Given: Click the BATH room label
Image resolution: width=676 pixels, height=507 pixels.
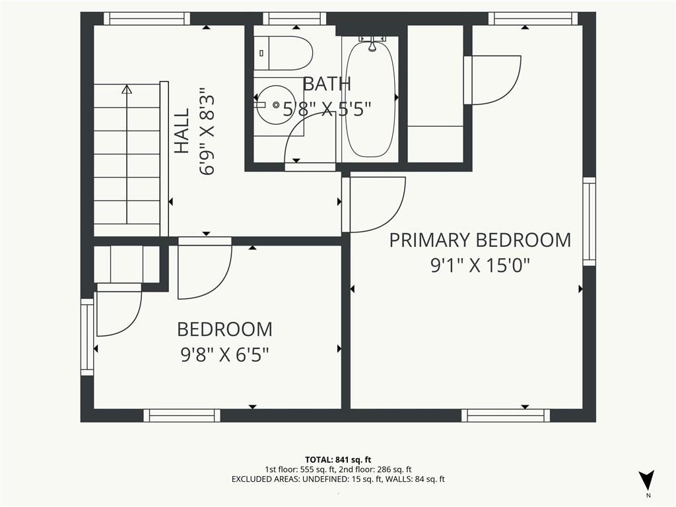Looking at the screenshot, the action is [x=327, y=84].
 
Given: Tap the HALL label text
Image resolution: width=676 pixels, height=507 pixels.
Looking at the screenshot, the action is [x=182, y=131].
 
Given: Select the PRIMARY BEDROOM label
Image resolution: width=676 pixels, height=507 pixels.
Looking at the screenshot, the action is [x=480, y=240].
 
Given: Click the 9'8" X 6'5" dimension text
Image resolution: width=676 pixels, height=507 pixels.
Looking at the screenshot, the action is [x=224, y=355].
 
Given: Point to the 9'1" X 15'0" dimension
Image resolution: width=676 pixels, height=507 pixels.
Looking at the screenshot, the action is [x=480, y=265].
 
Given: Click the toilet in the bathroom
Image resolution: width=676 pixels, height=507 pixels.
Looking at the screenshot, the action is [x=283, y=53].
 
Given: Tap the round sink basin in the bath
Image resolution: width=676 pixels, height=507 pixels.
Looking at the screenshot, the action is [x=276, y=104].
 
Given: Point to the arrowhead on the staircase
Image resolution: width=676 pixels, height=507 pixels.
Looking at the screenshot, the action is [x=127, y=89].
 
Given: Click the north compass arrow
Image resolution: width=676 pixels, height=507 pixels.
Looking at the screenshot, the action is [x=647, y=480].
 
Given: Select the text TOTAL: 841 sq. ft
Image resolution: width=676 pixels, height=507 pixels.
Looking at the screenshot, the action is [x=338, y=459].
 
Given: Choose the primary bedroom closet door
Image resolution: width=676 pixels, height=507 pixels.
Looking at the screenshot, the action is [x=492, y=80].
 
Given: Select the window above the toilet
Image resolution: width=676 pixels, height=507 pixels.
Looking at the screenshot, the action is [x=294, y=18].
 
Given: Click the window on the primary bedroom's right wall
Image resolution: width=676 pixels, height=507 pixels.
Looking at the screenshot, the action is [x=590, y=222].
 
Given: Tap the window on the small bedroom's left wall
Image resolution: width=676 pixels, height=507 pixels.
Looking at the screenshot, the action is [x=87, y=337].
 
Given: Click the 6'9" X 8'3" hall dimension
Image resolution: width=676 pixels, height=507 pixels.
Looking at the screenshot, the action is [x=207, y=131].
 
